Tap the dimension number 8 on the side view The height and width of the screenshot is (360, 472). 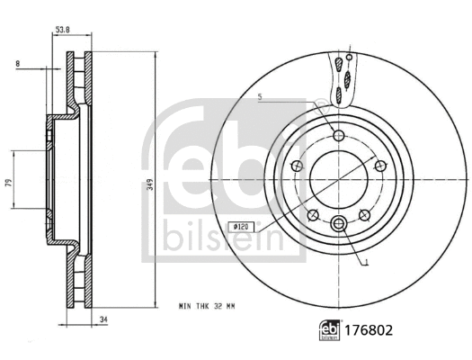click(x=18, y=64)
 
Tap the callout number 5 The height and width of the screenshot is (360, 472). click(x=259, y=97)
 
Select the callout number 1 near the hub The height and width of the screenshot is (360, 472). click(x=368, y=263)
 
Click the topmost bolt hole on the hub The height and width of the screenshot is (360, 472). click(x=338, y=136)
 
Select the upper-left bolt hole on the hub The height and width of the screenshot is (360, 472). click(x=297, y=166)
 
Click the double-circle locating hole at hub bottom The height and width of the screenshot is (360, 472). click(x=338, y=224)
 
